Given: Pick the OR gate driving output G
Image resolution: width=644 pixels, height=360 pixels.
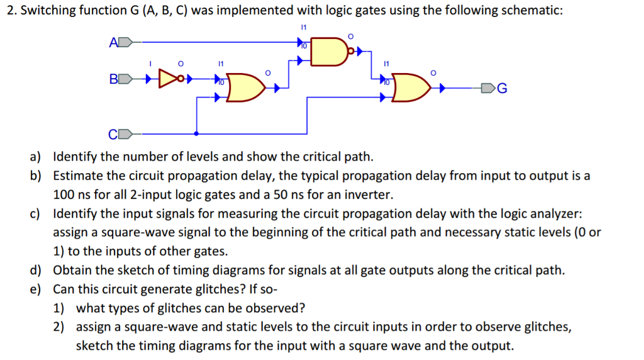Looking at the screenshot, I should tap(413, 89).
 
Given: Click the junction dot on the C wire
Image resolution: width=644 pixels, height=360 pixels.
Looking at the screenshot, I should tap(197, 134).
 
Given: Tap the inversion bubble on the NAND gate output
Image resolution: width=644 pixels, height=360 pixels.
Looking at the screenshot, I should tap(352, 53).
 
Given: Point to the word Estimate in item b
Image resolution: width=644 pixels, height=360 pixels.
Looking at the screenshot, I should tap(76, 176).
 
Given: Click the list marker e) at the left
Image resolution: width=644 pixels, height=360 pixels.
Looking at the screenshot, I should tap(35, 290).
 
